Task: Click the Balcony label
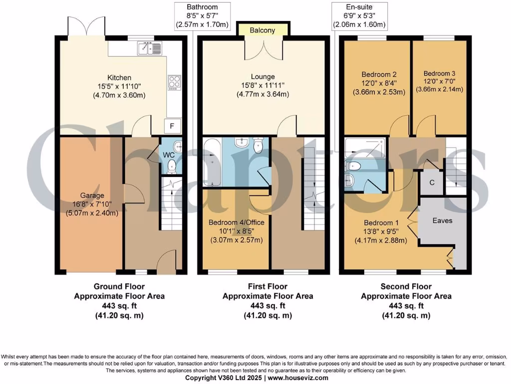262,30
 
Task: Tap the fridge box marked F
172,126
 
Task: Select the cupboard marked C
432,182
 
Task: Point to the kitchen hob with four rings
175,81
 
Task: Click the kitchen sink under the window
150,48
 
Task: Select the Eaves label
443,220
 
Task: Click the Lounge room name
263,76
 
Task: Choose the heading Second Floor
406,286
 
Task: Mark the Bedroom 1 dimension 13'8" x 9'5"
381,231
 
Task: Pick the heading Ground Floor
119,286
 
